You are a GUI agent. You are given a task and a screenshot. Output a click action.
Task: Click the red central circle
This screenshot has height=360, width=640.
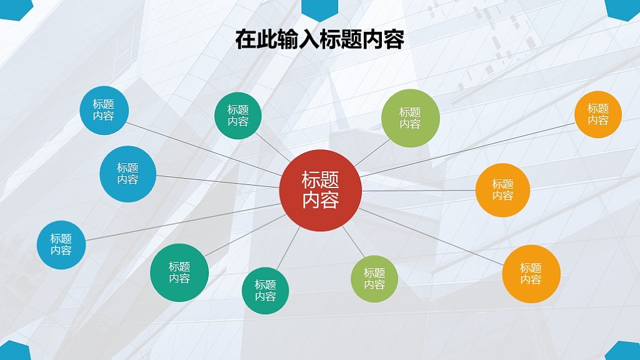(x=321, y=191)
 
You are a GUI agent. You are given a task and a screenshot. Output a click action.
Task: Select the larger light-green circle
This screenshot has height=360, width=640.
(x=410, y=118)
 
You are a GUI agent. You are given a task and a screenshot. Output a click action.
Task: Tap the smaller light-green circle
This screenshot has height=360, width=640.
(x=374, y=279)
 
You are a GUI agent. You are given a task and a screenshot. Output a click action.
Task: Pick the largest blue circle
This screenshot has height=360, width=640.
(x=127, y=174)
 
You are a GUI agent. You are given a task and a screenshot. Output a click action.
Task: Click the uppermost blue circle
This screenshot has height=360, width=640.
(x=104, y=110)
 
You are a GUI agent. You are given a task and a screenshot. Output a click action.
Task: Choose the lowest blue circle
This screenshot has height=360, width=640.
(x=61, y=245)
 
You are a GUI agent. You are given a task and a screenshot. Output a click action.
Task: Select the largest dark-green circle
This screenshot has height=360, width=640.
(x=179, y=272)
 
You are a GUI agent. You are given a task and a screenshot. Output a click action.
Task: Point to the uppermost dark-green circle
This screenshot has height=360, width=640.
(x=238, y=116)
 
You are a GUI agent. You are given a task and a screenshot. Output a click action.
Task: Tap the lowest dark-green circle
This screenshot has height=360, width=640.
(x=265, y=291)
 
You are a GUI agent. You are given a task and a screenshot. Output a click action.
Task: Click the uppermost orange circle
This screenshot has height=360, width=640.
(x=598, y=114)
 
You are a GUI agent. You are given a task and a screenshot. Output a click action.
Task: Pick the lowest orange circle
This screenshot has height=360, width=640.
(x=531, y=274)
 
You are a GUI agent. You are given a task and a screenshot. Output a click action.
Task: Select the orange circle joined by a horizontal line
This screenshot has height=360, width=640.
(x=502, y=190)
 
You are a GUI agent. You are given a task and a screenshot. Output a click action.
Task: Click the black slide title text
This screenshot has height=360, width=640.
(x=319, y=39)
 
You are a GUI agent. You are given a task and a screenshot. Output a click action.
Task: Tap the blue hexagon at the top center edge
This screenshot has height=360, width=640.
(x=319, y=9)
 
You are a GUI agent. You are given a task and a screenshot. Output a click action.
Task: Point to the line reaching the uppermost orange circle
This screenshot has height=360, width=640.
(x=467, y=150)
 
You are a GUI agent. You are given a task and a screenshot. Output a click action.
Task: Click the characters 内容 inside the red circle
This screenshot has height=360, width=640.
(x=321, y=201)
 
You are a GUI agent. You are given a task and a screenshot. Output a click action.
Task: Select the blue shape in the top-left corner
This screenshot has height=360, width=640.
(x=16, y=9)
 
